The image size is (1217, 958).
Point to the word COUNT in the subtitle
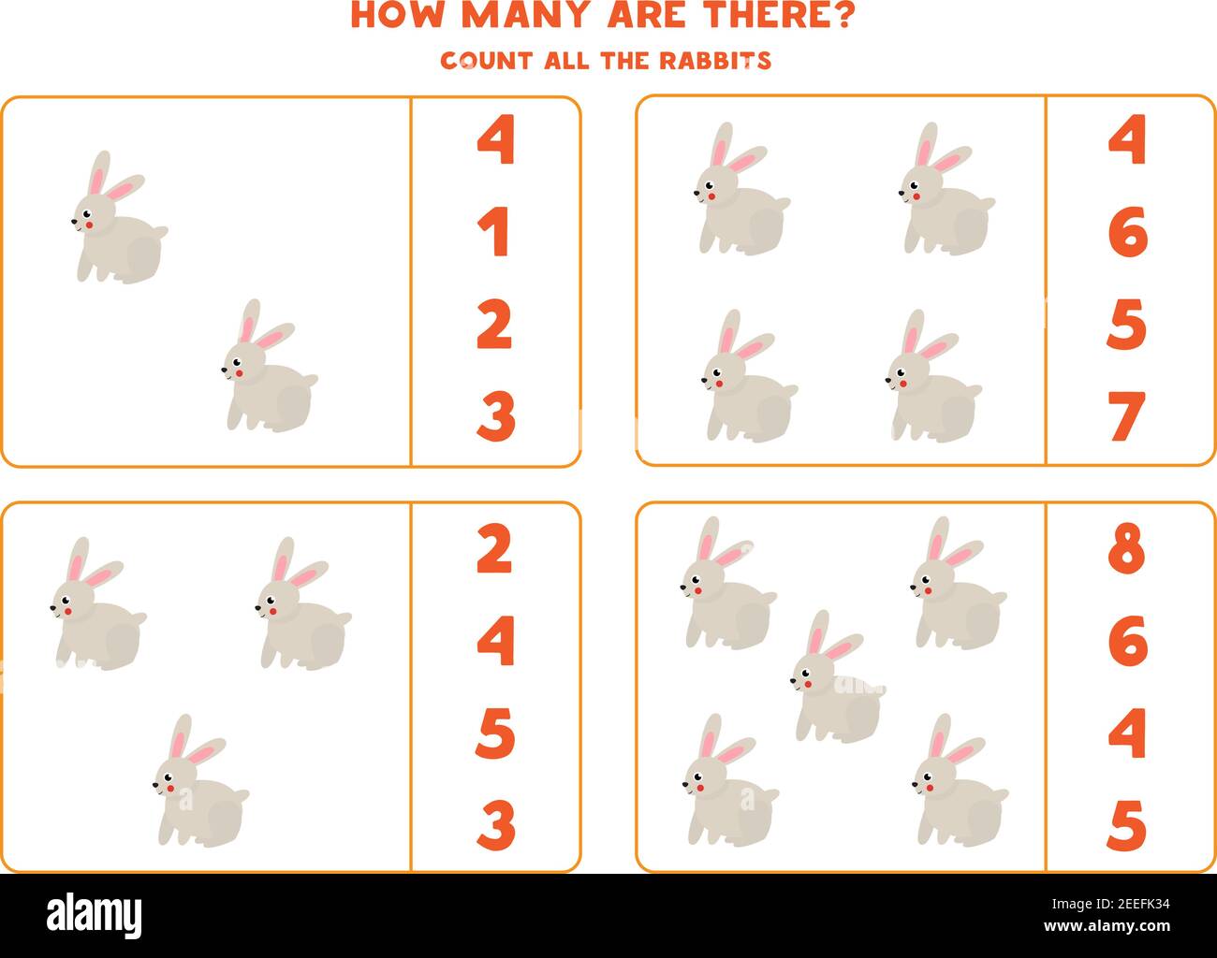[487, 61]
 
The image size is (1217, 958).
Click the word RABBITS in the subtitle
[716, 61]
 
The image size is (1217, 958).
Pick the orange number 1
[494, 233]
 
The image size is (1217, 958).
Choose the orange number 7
[1126, 416]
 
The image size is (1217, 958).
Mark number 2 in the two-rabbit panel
[494, 325]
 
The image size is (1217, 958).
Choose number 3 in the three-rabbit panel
[494, 824]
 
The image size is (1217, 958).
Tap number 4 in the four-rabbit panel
[1126, 141]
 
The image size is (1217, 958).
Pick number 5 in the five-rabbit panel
[1126, 824]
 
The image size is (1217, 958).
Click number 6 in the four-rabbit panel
[1126, 233]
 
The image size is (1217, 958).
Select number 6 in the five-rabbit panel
[1126, 642]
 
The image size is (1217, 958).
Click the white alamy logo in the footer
[95, 914]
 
